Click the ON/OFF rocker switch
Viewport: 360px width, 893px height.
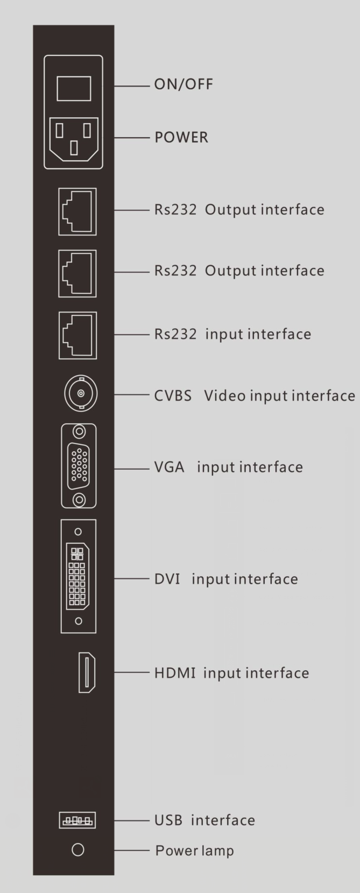coord(74,89)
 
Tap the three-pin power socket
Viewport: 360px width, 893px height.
coord(74,139)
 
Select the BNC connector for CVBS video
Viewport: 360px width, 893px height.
coord(81,393)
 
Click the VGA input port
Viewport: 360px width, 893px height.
coord(79,466)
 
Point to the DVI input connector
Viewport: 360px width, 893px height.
coord(78,576)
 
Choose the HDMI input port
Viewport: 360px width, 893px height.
coord(87,672)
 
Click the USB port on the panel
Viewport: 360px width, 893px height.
coord(77,820)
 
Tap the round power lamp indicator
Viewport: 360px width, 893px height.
coord(77,850)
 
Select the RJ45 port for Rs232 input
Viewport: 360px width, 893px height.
coord(77,335)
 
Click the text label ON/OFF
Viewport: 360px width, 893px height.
coord(183,84)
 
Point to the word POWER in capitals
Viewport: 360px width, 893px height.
coord(181,138)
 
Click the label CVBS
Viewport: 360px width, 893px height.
coord(173,395)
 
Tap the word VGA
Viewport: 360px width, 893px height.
coord(169,467)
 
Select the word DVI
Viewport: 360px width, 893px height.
coord(167,579)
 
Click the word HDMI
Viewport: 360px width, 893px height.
coord(174,673)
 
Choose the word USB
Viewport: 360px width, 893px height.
coord(168,820)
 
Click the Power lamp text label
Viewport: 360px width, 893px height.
coord(195,851)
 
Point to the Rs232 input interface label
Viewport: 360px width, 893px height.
coord(233,334)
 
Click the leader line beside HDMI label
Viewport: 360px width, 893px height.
coord(132,672)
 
